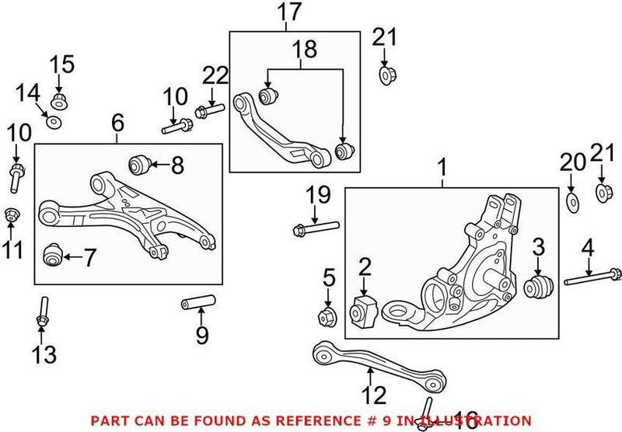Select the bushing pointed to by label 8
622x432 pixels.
138,165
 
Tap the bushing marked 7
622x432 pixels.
52,255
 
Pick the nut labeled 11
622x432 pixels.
11,214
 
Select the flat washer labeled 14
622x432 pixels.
54,123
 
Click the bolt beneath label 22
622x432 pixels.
206,112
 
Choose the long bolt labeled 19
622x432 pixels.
314,228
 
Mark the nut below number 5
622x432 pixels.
327,315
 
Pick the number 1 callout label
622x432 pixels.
442,166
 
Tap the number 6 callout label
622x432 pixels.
117,122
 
